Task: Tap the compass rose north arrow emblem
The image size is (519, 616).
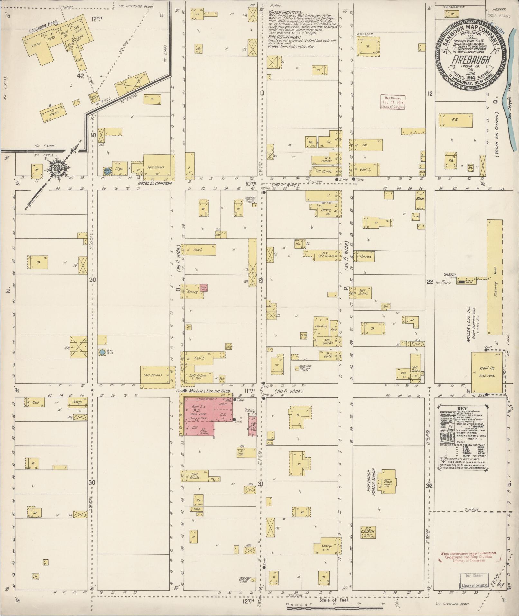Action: click(60, 167)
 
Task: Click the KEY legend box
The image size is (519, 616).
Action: click(461, 437)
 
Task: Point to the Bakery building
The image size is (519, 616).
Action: click(193, 291)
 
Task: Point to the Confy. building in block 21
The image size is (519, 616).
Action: click(199, 250)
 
